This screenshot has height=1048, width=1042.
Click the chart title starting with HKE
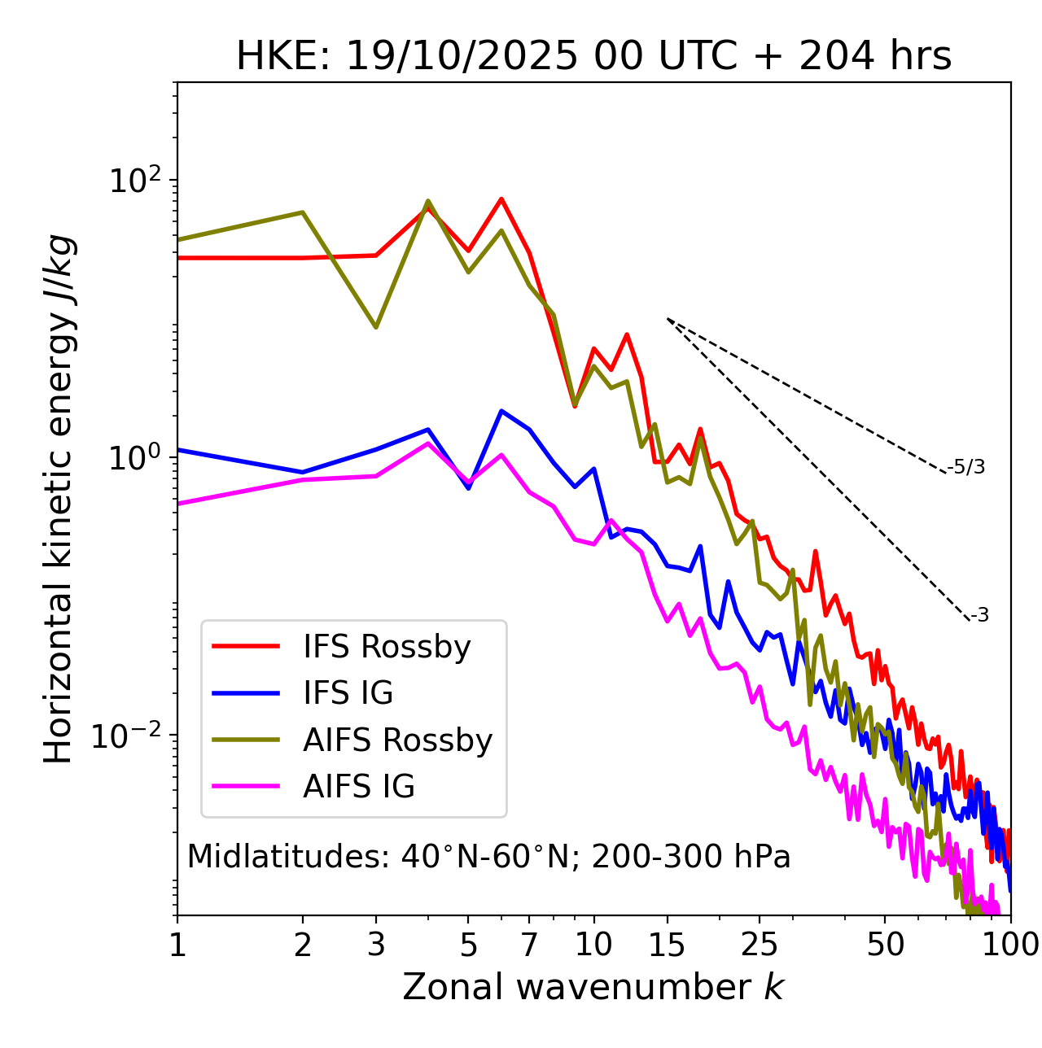593,57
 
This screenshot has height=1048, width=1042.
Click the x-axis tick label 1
177,945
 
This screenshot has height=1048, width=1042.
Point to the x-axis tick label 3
376,945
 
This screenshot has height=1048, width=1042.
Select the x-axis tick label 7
529,945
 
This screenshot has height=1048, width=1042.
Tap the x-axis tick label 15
667,945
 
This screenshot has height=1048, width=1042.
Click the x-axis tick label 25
760,945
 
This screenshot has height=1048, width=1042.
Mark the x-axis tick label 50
885,945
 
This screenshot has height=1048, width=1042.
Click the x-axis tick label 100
1010,945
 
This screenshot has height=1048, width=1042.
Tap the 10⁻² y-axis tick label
130,736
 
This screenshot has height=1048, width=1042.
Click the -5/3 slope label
966,468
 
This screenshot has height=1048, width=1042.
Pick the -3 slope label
979,616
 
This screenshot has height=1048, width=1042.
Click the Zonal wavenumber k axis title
593,987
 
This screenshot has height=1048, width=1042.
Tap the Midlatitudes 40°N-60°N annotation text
488,857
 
